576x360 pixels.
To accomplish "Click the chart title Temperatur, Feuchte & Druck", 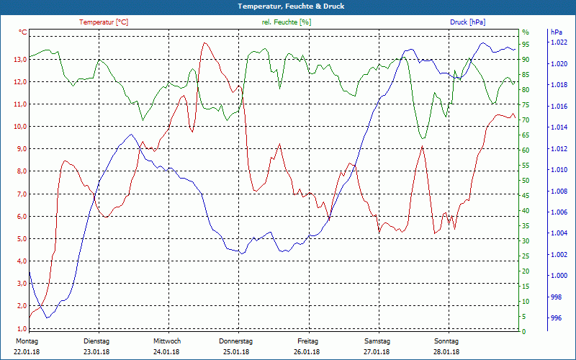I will pos(287,6).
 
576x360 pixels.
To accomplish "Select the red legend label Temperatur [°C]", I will pos(104,22).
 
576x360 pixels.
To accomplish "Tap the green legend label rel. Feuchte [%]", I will pos(287,22).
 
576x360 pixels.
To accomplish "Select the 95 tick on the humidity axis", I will pos(526,44).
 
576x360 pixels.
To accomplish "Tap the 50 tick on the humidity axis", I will pos(526,181).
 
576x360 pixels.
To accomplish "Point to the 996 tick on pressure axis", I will pos(556,318).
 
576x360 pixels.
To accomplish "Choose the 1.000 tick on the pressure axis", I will pos(559,276).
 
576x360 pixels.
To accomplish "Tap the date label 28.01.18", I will pos(446,351).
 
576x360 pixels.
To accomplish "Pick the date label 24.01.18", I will pos(166,351).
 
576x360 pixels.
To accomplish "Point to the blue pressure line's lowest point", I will pos(48,318).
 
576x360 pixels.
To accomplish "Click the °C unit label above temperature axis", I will pos(23,32).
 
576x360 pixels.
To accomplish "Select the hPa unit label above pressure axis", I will pos(557,32).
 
